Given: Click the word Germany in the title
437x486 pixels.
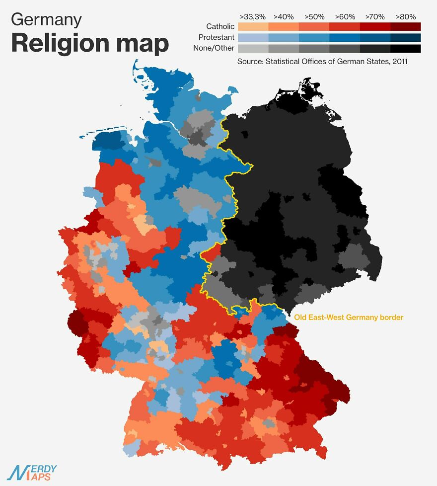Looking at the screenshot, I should point(46,19).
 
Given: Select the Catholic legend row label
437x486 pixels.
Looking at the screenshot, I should point(220,27).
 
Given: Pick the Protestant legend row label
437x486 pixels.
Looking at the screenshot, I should point(217,38).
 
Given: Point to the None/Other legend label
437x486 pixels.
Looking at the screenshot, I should point(214,49).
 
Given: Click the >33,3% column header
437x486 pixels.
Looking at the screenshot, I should point(253,16).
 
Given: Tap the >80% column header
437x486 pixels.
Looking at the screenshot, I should point(405,16).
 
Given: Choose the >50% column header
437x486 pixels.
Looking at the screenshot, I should point(314,16).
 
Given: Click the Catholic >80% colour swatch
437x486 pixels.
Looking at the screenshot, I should point(406,27).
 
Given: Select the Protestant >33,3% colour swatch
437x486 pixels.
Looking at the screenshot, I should point(253,38).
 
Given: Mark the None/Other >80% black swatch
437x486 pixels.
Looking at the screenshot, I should point(406,49).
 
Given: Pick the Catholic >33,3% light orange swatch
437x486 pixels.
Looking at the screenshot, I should point(253,27).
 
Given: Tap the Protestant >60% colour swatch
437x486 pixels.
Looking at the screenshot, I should point(345,38).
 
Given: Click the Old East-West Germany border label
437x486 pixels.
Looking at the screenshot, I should point(349,318).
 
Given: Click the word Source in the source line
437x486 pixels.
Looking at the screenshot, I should point(251,62).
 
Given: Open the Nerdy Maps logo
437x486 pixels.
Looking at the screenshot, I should point(32,473).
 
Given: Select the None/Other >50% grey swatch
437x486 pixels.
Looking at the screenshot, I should point(314,49).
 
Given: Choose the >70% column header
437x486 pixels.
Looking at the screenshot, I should point(375,16).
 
